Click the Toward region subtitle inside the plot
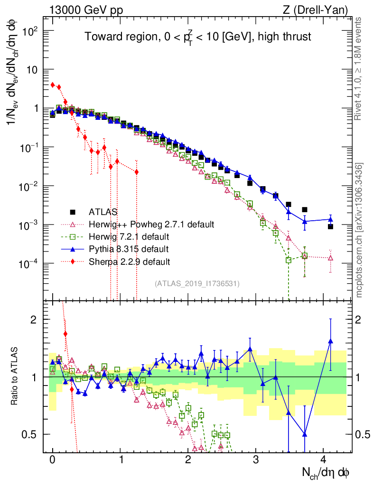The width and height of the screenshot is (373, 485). click(x=198, y=37)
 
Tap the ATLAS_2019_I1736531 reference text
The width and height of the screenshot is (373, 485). click(x=197, y=284)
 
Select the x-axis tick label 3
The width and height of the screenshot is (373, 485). click(x=256, y=459)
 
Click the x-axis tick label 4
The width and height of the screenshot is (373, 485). click(x=323, y=459)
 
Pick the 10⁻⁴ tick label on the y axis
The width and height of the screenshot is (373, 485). click(x=29, y=263)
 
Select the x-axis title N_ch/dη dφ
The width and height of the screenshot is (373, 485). click(x=326, y=472)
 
